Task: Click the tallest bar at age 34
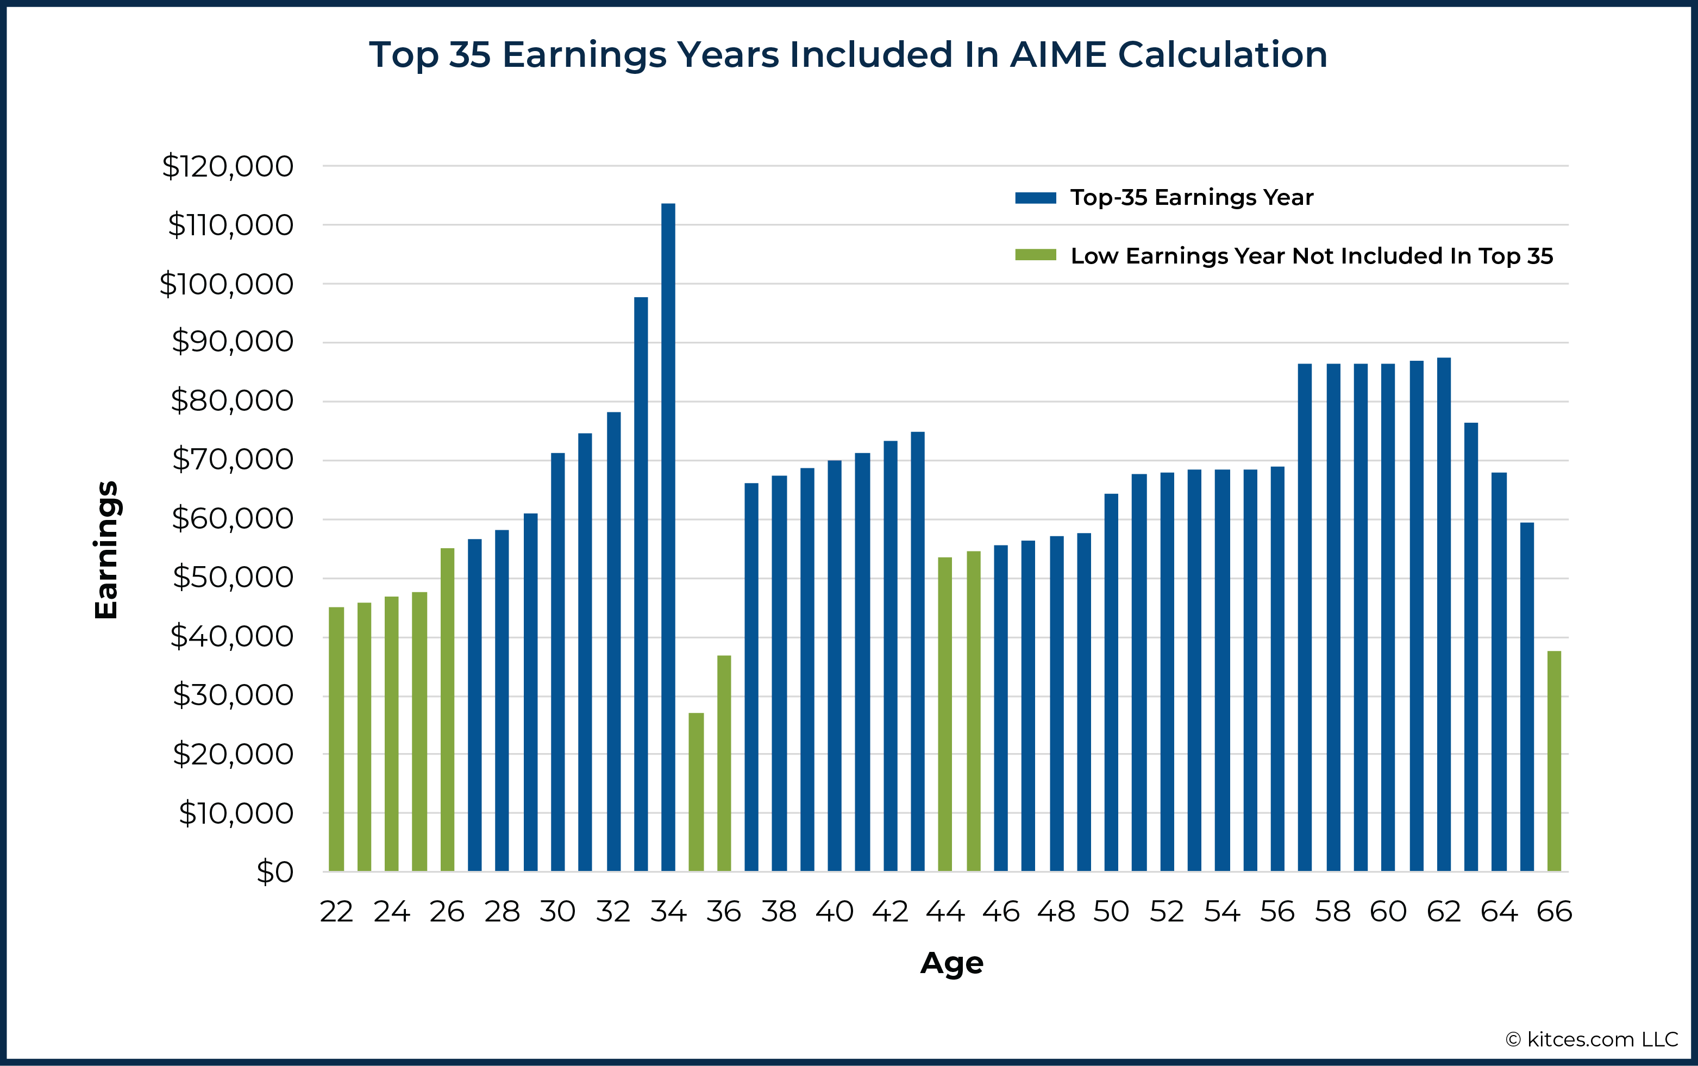pyautogui.click(x=668, y=536)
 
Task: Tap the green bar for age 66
pyautogui.click(x=1554, y=761)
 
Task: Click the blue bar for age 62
pyautogui.click(x=1444, y=613)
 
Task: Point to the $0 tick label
pyautogui.click(x=275, y=872)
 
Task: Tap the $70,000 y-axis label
pyautogui.click(x=233, y=460)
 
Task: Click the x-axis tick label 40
pyautogui.click(x=835, y=912)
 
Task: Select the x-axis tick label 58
pyautogui.click(x=1332, y=912)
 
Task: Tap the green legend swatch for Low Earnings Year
pyautogui.click(x=1036, y=255)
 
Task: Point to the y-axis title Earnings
pyautogui.click(x=106, y=550)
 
